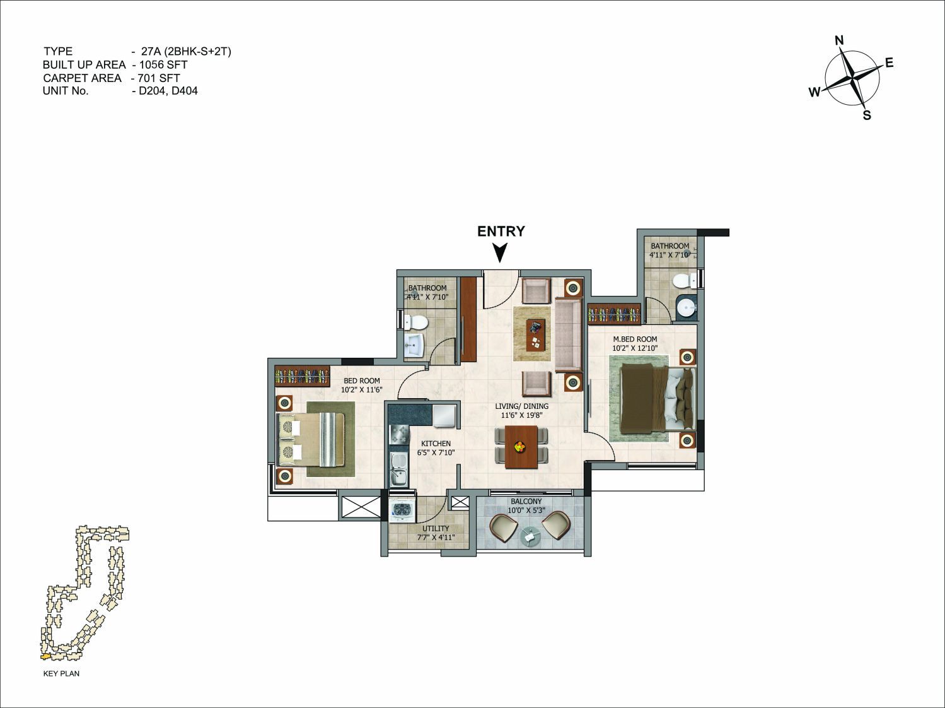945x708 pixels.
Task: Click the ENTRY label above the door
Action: (x=501, y=232)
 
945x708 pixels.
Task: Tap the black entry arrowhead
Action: (x=500, y=252)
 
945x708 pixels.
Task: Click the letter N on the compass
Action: (x=839, y=40)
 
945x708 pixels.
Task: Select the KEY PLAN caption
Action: (x=61, y=673)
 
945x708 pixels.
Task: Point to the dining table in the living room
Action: (x=521, y=447)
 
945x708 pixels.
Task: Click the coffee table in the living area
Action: (x=535, y=335)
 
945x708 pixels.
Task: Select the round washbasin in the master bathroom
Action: (x=685, y=307)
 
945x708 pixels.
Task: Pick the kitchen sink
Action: (x=398, y=469)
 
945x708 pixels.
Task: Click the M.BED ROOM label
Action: (x=635, y=339)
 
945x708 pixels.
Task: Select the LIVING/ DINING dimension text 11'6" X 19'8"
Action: (x=521, y=415)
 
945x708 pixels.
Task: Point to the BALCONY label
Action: (x=526, y=502)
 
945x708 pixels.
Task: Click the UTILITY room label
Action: (x=436, y=528)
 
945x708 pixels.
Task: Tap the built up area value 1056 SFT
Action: (x=163, y=64)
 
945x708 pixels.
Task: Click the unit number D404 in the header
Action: (x=185, y=91)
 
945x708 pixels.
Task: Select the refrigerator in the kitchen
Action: (x=444, y=415)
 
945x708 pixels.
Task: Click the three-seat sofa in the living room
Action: (x=568, y=334)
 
